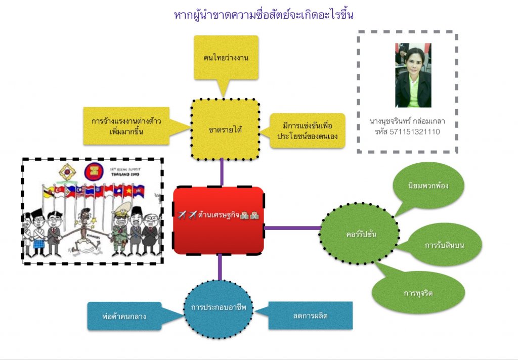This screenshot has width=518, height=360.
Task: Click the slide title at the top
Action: pos(264,15)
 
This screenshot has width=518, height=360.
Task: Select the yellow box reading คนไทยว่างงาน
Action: pos(226,58)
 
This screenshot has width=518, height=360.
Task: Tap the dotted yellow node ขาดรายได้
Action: pos(225,130)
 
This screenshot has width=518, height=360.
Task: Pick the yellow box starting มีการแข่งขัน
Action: pos(307,130)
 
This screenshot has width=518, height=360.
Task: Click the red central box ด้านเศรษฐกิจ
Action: pos(219,220)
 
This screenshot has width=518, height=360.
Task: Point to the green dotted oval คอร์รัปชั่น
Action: pos(359,234)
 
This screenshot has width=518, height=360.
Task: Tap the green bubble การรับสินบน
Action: pos(445,246)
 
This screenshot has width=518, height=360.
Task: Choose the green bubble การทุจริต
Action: pos(418,293)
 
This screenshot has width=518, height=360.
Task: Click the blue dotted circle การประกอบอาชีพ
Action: pos(218,307)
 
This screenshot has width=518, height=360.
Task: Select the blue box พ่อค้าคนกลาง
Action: pos(124,317)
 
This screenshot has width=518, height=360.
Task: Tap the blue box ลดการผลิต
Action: pos(310,316)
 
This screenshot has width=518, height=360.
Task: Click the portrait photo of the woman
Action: pos(413,75)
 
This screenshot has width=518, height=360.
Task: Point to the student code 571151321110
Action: pos(408,132)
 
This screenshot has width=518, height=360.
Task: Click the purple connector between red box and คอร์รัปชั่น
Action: pos(292,228)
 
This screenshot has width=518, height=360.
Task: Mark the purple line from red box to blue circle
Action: pos(219,267)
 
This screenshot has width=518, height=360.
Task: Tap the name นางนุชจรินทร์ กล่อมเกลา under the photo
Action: pos(407,122)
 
